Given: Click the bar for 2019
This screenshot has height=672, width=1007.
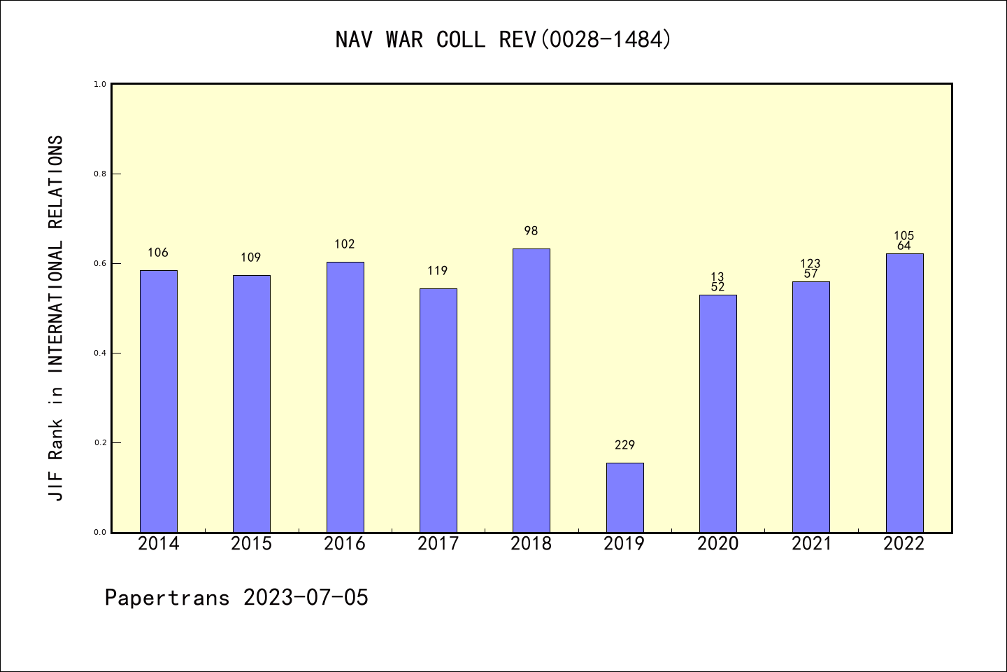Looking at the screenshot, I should point(624,497).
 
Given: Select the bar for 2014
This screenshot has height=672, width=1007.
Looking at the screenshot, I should point(159,401).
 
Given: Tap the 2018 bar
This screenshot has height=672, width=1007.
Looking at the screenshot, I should point(531,390).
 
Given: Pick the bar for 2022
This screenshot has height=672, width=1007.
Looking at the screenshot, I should point(904,393).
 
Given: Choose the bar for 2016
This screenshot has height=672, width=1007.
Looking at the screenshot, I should point(345,397).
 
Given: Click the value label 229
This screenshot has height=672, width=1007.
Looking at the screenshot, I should point(624,445).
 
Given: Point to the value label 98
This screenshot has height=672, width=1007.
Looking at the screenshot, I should point(531,231).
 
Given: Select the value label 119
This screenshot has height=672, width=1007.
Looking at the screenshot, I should point(438,271).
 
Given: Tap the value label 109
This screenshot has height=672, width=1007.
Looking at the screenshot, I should point(251,258).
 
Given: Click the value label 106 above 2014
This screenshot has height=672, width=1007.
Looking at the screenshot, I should point(158,253).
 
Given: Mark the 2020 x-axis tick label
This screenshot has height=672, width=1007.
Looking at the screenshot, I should point(717,544).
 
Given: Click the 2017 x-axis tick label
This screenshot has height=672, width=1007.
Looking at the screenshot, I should point(438,544).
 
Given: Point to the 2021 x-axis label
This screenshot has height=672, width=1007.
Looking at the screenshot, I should point(811,544).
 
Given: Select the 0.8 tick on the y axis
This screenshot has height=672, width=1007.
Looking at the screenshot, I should point(100,174).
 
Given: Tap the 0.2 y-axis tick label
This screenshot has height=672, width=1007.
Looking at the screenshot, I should point(100,442).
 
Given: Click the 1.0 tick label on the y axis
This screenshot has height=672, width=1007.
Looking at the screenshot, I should point(100,84).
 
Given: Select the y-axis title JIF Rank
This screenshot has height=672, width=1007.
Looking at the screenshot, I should point(56,318).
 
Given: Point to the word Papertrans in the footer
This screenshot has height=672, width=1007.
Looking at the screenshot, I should point(167,598).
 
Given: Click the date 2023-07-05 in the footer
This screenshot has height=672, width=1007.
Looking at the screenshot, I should point(306,598).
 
